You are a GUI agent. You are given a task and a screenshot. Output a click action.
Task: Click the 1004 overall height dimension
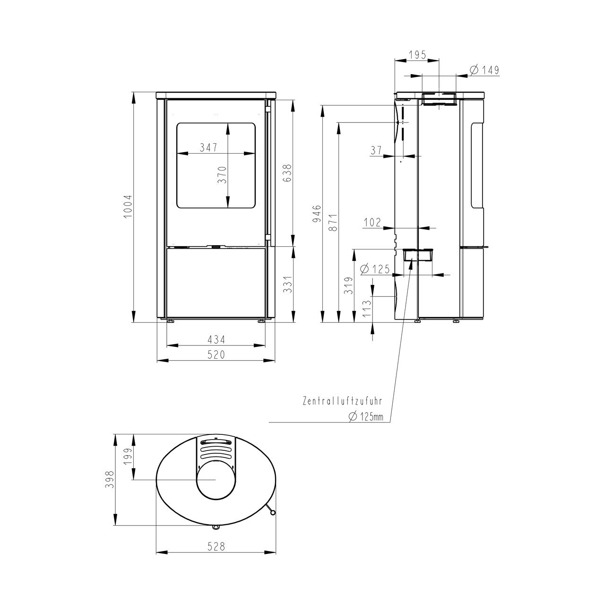(128, 207)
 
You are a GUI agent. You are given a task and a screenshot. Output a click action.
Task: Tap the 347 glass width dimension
(208, 147)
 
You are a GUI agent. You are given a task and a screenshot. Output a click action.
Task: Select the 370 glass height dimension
(222, 175)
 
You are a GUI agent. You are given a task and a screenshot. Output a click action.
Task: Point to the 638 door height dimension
(287, 173)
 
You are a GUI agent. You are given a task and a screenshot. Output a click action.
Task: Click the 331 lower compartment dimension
(287, 285)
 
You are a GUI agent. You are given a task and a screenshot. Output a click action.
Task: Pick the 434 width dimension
(216, 339)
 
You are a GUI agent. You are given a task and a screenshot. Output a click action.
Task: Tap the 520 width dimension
(216, 354)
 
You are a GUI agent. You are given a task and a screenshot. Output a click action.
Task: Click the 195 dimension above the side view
(417, 55)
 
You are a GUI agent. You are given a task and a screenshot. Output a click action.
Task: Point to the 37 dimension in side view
(376, 150)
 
